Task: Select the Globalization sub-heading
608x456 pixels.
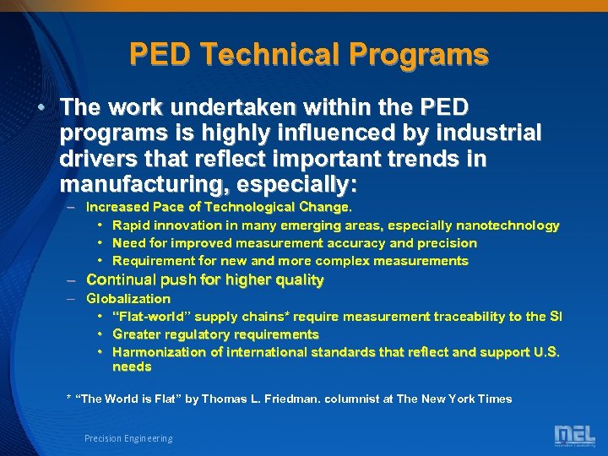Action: [128, 299]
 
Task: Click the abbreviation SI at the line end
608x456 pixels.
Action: [556, 317]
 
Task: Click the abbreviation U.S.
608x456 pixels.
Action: [544, 352]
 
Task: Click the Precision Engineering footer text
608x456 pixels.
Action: [128, 438]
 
